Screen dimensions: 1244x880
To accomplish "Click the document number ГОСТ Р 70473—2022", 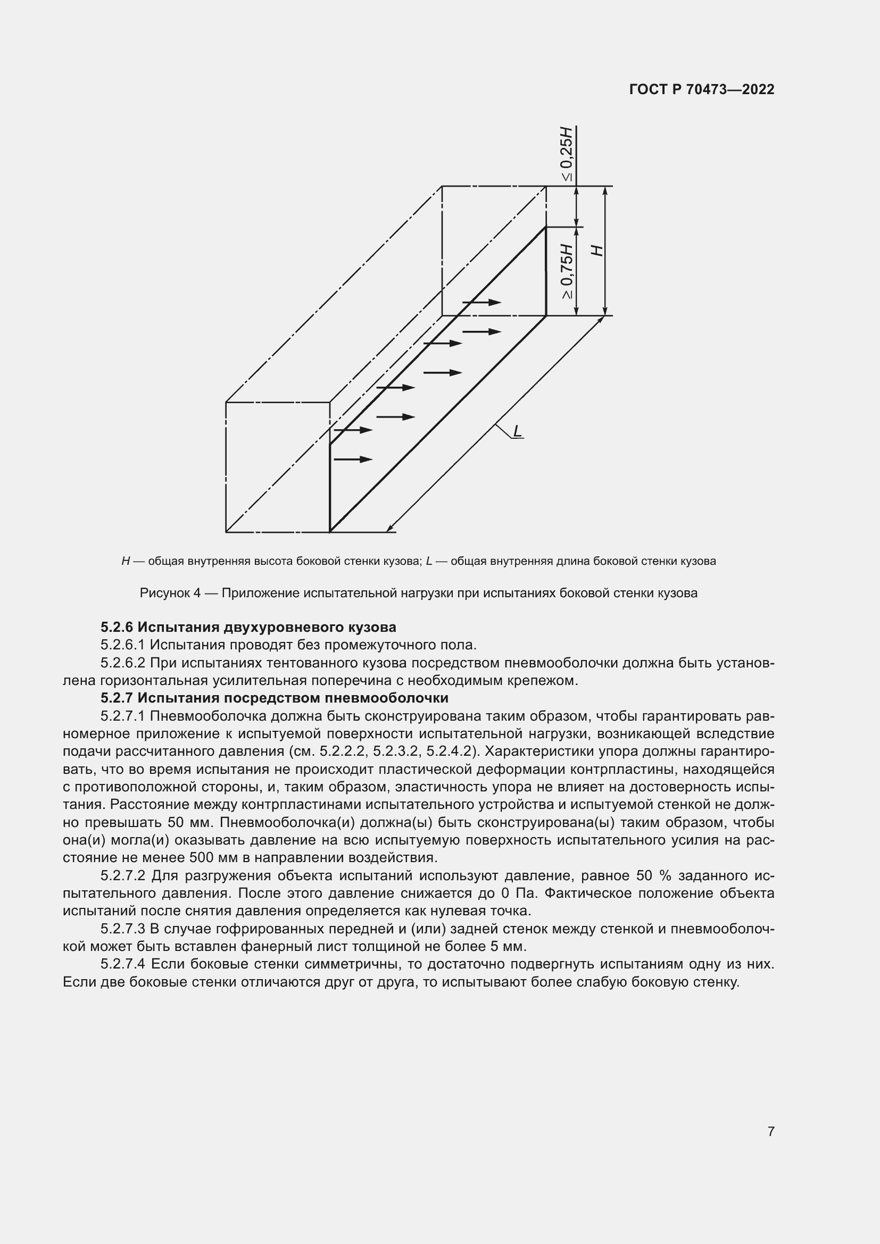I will point(702,89).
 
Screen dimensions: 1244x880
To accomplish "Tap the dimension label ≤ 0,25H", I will point(566,154).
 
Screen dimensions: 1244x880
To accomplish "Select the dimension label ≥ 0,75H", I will point(566,271).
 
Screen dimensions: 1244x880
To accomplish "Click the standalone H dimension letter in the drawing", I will point(596,251).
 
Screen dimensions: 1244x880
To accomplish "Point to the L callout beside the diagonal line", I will point(517,431).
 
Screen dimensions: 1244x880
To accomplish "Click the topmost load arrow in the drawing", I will point(481,302).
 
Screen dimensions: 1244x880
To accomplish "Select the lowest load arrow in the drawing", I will point(353,460).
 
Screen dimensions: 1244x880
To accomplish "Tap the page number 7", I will point(770,1132).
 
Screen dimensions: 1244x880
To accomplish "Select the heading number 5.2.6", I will point(117,628).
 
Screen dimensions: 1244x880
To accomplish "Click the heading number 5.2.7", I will point(117,698).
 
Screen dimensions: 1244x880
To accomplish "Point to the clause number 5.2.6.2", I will point(123,663).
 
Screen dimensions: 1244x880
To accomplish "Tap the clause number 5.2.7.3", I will point(123,929).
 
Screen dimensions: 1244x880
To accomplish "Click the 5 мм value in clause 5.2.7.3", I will point(512,947).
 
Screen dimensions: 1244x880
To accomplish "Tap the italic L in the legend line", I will point(429,561).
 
